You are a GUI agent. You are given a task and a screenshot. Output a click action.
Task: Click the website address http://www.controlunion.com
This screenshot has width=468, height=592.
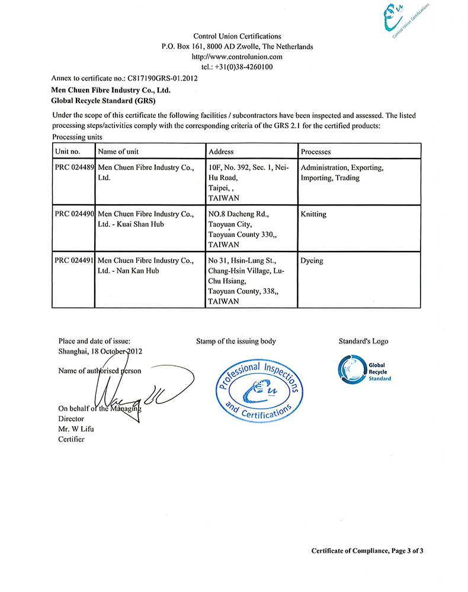237,57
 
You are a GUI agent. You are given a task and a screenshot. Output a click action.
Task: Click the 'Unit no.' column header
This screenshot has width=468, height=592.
67,152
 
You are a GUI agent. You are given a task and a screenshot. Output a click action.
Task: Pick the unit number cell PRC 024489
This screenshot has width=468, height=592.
74,168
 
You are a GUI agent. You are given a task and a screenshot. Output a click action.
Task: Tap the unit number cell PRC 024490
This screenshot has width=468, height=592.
74,214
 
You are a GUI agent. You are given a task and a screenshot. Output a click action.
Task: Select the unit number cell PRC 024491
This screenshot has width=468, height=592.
74,260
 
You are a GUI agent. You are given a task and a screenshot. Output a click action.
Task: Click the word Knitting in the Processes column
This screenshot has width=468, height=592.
313,214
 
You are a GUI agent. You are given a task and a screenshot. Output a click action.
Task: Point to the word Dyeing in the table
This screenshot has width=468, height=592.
312,260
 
